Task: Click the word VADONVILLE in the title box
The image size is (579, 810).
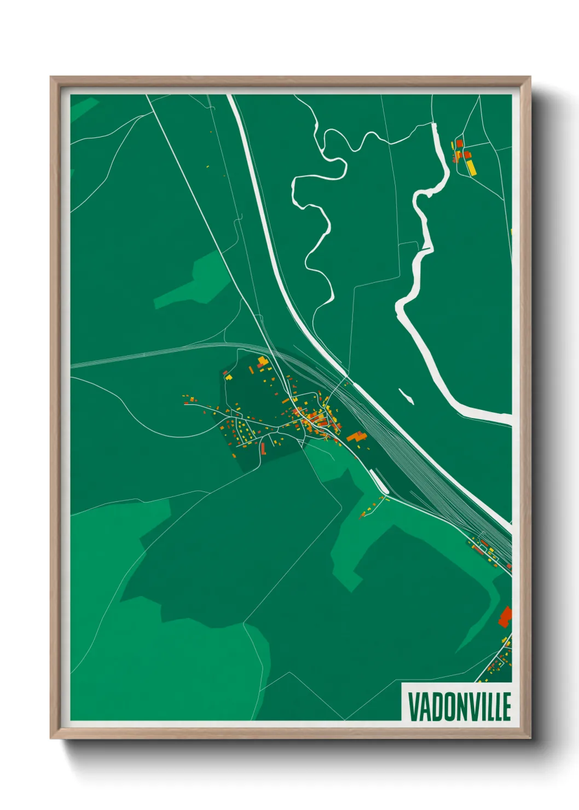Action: [459, 707]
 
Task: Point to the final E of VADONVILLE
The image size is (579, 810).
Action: [507, 707]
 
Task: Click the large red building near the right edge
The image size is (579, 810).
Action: [505, 617]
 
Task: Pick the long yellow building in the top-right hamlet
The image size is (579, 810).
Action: [471, 167]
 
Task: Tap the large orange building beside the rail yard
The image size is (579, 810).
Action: [356, 436]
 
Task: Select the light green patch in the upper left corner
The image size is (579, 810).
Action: [82, 108]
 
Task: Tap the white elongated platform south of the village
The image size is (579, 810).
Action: [379, 481]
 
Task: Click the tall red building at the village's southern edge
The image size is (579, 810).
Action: [263, 449]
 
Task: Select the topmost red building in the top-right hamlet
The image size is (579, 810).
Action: [460, 143]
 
